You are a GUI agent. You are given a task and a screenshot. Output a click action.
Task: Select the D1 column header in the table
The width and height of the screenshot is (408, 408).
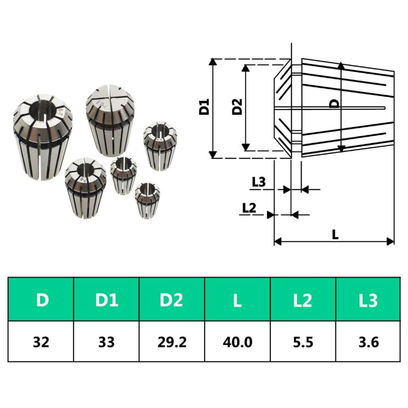106,300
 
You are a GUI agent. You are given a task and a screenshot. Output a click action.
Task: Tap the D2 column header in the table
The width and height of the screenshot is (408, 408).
172,300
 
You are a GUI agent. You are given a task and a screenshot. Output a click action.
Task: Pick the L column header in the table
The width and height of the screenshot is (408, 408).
237,300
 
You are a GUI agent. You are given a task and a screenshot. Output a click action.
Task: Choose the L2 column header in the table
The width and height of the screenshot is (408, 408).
303,300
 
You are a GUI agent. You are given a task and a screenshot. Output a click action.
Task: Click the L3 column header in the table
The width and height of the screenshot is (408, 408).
368,300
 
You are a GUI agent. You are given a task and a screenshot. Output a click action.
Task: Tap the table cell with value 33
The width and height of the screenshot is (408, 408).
106,342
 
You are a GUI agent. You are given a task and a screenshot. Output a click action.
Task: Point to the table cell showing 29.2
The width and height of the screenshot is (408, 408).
172,342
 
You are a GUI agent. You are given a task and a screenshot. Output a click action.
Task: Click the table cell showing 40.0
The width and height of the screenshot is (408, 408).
237,342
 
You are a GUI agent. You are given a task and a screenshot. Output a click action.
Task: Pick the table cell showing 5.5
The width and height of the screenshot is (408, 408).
303,342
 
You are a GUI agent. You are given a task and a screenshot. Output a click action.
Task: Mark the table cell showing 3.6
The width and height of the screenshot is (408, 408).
368,342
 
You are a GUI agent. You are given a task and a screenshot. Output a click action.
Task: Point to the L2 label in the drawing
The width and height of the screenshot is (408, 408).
249,208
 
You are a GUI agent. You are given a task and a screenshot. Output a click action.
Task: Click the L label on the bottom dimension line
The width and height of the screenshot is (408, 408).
335,234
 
